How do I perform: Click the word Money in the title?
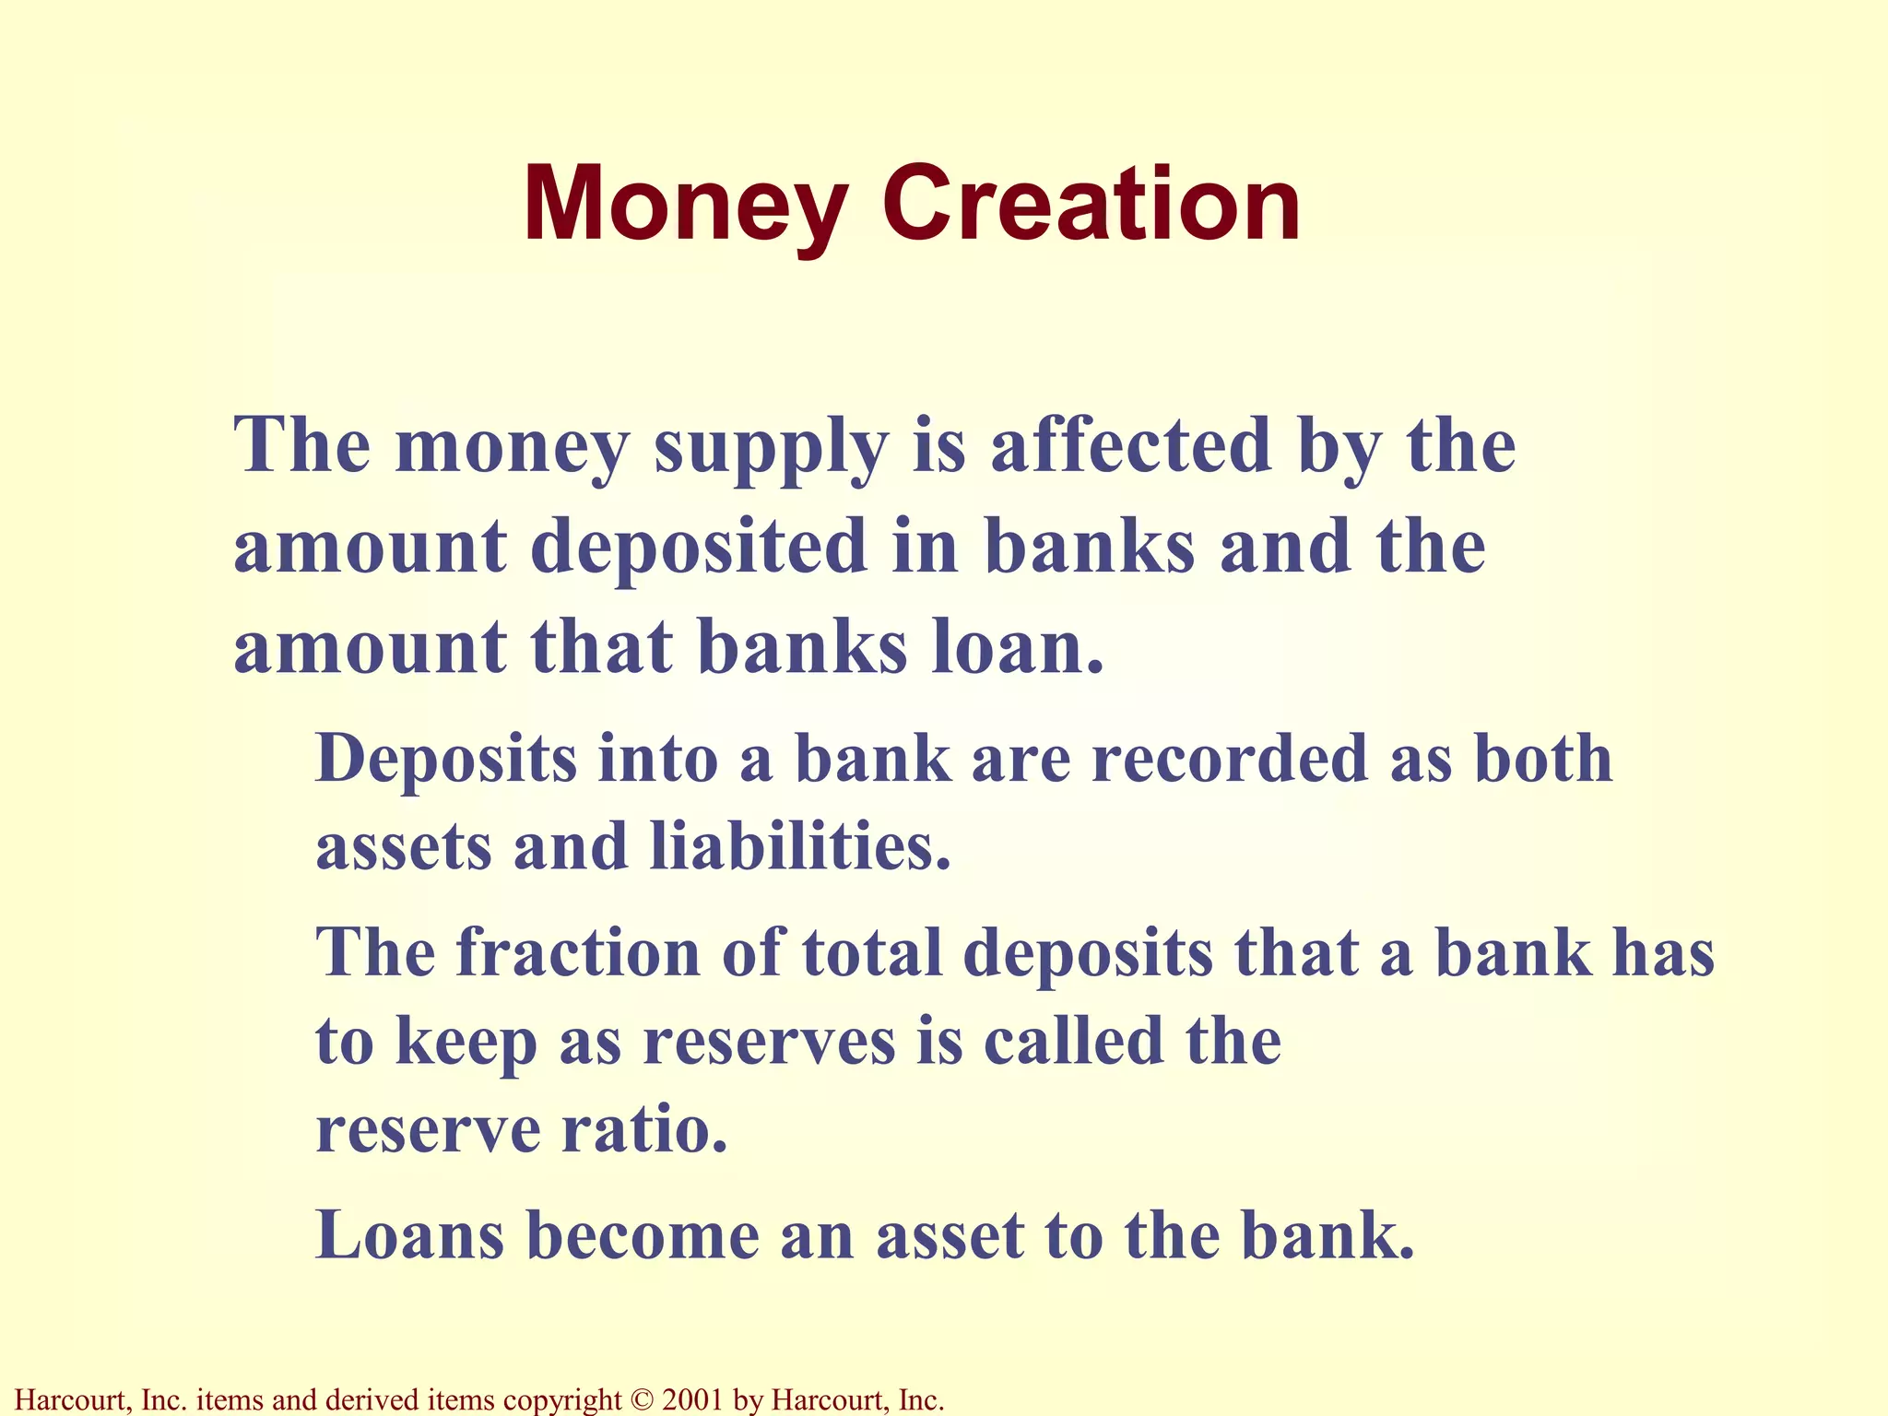coord(685,205)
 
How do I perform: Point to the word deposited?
coord(698,546)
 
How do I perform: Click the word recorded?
coord(1230,759)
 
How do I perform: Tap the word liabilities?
coord(799,846)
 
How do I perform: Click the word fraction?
coord(578,952)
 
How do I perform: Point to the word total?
coord(872,952)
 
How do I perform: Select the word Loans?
coord(410,1236)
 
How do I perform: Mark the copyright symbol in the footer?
coord(641,1400)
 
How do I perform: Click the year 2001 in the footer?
coord(693,1400)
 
